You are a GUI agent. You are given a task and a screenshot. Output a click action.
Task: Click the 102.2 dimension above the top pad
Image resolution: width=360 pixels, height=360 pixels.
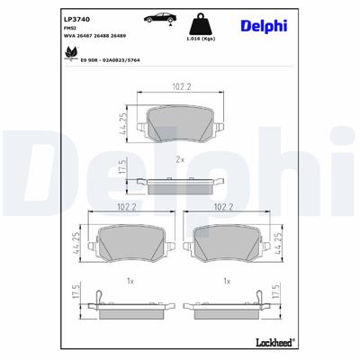(x=180, y=87)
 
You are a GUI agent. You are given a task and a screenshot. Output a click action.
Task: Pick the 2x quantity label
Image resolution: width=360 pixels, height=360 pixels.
(x=179, y=159)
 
